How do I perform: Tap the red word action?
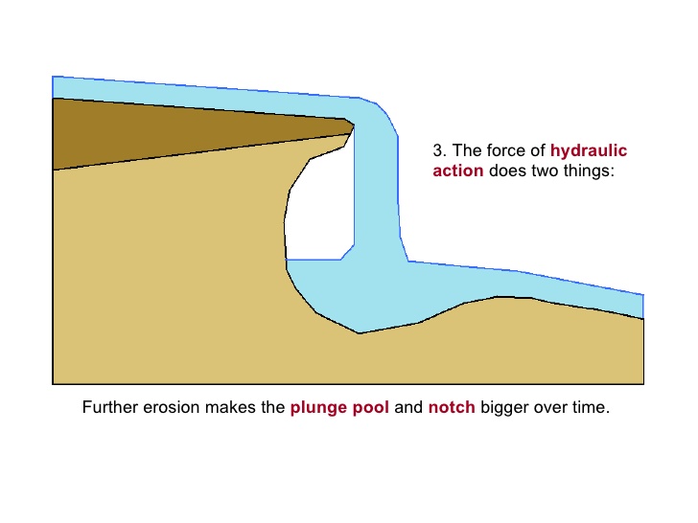[x=457, y=172]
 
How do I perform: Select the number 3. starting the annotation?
[x=440, y=150]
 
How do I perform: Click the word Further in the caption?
[x=110, y=407]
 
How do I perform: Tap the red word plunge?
[x=318, y=407]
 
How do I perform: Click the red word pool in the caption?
[x=371, y=407]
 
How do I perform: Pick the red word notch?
[x=451, y=407]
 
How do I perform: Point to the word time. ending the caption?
[x=591, y=407]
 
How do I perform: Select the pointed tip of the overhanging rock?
[x=352, y=125]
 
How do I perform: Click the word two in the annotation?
[x=543, y=172]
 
